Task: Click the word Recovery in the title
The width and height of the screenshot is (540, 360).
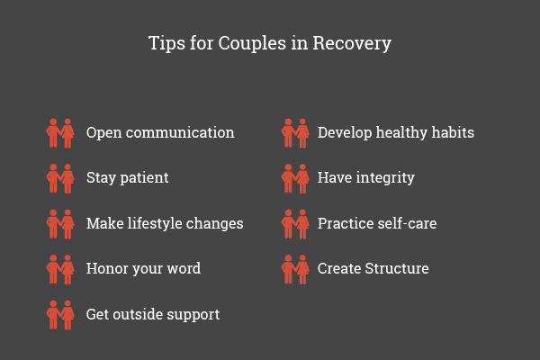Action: pos(352,44)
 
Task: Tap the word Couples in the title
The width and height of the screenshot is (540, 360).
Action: pos(252,44)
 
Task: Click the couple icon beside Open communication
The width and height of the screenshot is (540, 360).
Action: pos(60,133)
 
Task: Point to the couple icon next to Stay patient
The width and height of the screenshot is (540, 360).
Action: pos(60,179)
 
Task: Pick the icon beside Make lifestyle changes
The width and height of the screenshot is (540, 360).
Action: pos(60,224)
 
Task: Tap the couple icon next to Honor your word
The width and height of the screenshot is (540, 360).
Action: pos(60,270)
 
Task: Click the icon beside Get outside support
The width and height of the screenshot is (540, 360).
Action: pos(60,315)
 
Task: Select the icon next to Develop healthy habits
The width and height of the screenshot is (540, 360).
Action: pos(295,133)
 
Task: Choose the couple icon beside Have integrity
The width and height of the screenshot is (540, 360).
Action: pos(295,179)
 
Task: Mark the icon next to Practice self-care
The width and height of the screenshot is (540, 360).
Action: pos(295,224)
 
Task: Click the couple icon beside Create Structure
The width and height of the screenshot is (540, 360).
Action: pos(295,270)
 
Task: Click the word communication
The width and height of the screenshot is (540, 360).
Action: pos(180,132)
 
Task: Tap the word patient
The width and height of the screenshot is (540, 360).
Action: pos(144,178)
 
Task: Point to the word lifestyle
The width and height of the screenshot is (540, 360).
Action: pos(155,223)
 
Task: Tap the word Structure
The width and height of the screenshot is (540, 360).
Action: pos(397,269)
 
